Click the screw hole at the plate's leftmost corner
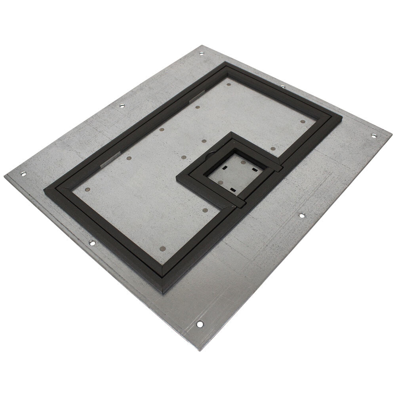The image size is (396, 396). [23, 174]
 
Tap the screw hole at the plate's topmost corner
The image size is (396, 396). [201, 53]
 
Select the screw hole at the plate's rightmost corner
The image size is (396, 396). [373, 136]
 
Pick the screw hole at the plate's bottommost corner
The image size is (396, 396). [200, 324]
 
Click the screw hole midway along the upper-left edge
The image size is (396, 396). [122, 105]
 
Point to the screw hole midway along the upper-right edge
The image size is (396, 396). [283, 87]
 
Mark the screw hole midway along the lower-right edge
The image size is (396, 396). [301, 215]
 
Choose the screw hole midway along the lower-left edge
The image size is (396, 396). [91, 242]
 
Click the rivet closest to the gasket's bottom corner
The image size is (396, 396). [162, 249]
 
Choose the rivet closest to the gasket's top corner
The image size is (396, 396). [229, 84]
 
